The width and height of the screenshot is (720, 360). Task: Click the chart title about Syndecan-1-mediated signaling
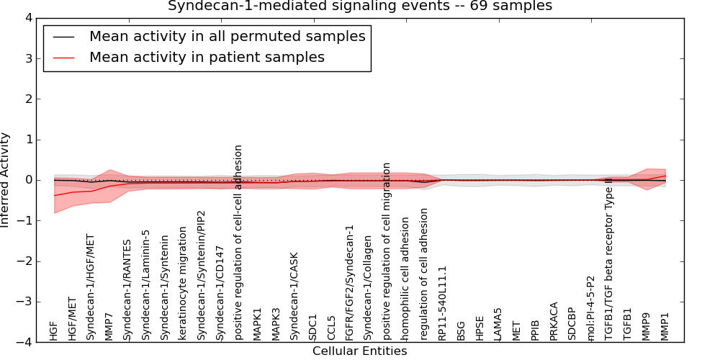point(360,6)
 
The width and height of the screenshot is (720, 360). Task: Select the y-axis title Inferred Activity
point(6,180)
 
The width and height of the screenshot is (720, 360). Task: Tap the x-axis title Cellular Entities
point(359,351)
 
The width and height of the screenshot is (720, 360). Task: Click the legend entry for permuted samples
point(227,37)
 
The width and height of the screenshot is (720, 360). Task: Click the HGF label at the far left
point(53,331)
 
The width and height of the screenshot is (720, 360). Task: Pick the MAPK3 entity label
point(276,324)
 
